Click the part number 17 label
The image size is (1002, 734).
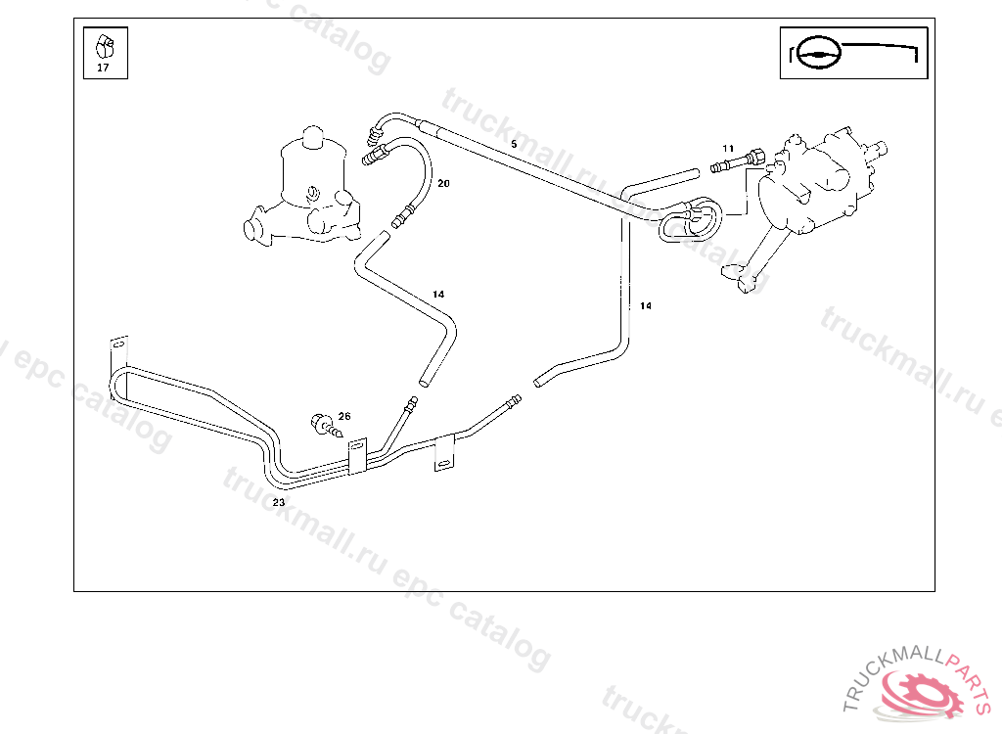pyautogui.click(x=104, y=69)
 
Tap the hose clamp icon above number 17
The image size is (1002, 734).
pyautogui.click(x=104, y=45)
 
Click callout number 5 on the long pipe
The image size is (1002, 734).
pyautogui.click(x=514, y=144)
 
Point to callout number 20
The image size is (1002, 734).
pyautogui.click(x=443, y=183)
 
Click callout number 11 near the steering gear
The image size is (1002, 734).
pyautogui.click(x=728, y=148)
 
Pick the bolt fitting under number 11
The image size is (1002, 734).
pyautogui.click(x=735, y=161)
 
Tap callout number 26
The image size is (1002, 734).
pyautogui.click(x=344, y=416)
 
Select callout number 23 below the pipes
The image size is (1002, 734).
pyautogui.click(x=279, y=501)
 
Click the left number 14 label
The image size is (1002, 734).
pyautogui.click(x=438, y=294)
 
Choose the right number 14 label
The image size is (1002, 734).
pyautogui.click(x=646, y=305)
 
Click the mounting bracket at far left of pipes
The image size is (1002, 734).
pyautogui.click(x=117, y=347)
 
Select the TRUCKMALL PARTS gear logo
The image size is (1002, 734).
pyautogui.click(x=920, y=690)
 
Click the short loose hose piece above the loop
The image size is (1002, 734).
pyautogui.click(x=662, y=182)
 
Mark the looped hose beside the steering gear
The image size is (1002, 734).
pyautogui.click(x=690, y=220)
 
